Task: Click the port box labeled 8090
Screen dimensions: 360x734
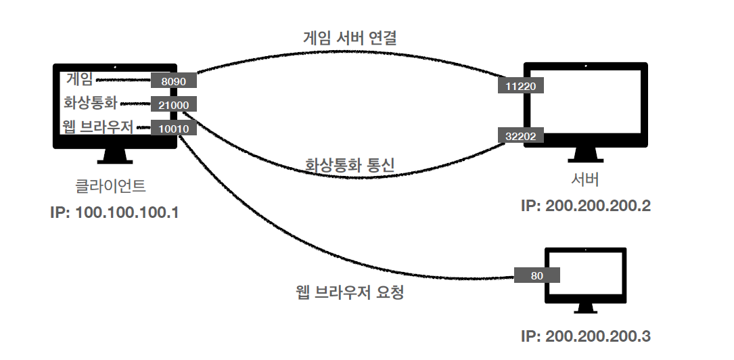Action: tap(173, 81)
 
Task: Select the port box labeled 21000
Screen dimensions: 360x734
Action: tap(174, 104)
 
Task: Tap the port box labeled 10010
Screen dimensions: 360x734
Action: tap(174, 127)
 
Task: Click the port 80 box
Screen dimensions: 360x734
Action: tap(537, 275)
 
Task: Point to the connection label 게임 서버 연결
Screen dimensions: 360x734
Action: tap(349, 38)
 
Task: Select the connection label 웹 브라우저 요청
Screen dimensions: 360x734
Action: tap(350, 293)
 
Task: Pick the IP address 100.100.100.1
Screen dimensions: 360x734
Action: tap(114, 212)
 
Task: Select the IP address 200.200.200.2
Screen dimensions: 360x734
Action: tap(586, 206)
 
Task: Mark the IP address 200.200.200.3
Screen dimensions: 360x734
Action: tap(586, 336)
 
